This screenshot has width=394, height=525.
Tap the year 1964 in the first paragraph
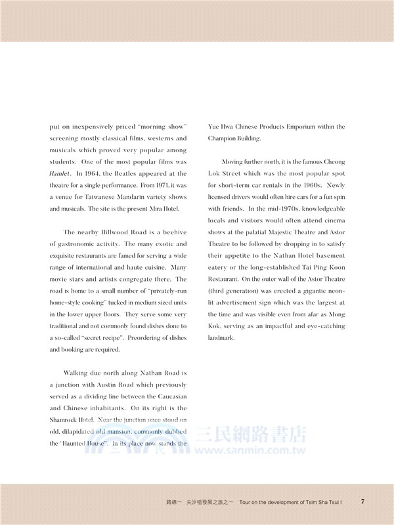[95, 173]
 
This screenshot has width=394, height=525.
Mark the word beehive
[171, 232]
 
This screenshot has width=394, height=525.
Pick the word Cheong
[332, 161]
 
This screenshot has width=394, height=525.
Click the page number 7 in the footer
[363, 501]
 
